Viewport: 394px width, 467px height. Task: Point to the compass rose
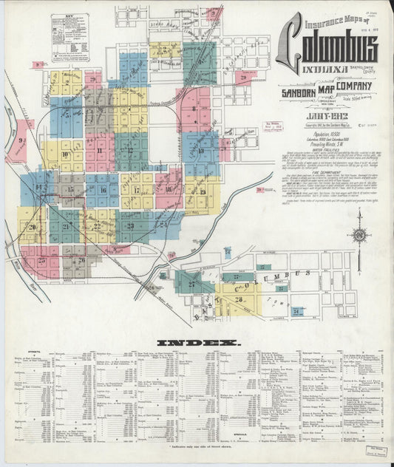click(360, 235)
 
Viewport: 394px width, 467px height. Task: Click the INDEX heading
click(197, 343)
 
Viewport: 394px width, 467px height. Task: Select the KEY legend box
click(69, 38)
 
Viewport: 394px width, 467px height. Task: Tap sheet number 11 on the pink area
click(98, 150)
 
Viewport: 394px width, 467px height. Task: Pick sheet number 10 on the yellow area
click(66, 154)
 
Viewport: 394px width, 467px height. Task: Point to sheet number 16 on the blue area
click(103, 190)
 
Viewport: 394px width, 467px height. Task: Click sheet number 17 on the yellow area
click(136, 190)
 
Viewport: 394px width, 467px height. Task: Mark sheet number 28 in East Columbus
click(238, 277)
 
